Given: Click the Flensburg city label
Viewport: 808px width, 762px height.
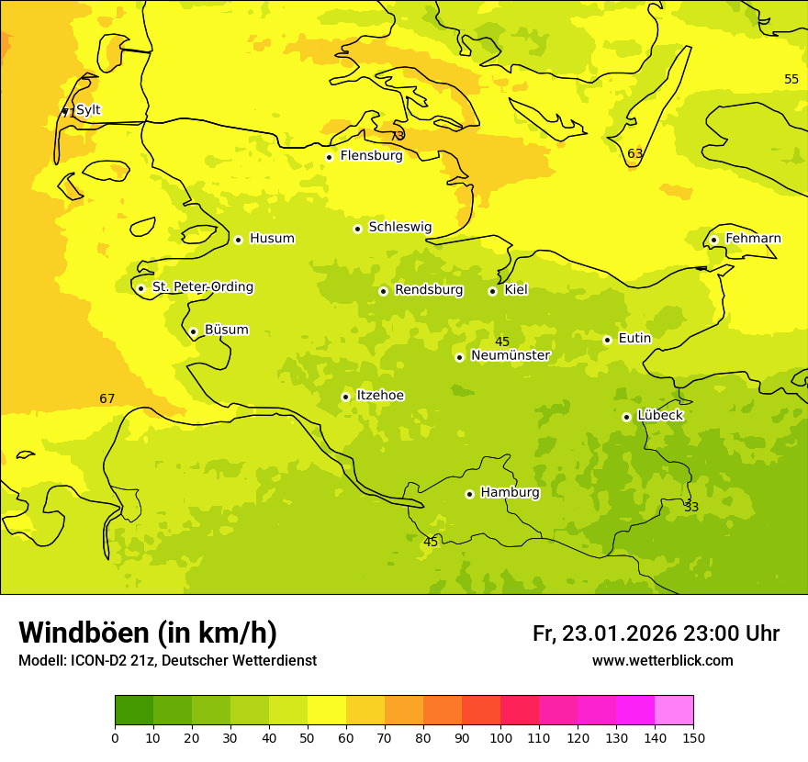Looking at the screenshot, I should click(x=371, y=156).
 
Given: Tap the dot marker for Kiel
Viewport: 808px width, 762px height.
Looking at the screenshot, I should click(x=492, y=291).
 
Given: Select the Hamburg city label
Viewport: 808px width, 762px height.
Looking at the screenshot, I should click(x=510, y=493).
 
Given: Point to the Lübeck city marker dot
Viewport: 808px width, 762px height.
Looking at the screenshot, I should click(x=626, y=417).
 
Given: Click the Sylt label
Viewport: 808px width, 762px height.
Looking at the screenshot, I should click(x=88, y=110).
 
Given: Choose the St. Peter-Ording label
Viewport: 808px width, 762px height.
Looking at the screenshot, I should click(x=202, y=287).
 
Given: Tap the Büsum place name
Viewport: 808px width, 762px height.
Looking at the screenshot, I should click(x=226, y=330).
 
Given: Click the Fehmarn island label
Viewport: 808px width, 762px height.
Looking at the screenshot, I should click(x=753, y=239).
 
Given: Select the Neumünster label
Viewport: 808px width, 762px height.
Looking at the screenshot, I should click(x=510, y=355).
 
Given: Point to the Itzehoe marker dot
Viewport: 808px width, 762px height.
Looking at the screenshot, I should click(x=345, y=397).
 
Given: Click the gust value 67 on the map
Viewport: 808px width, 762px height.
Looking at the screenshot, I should click(x=107, y=398).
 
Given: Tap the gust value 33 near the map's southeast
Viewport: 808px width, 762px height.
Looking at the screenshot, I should click(x=691, y=507).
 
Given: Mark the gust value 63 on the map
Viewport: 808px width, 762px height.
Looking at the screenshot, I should click(x=635, y=153).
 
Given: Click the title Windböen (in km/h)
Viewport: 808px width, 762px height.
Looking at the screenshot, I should click(x=148, y=633).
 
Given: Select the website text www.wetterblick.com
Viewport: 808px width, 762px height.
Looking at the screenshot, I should click(x=662, y=661).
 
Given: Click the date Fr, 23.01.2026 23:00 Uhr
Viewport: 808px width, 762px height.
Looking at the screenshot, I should click(x=656, y=633).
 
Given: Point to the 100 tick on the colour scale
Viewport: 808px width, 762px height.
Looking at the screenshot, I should click(x=500, y=737).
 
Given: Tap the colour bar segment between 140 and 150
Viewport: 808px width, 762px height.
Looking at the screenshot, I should click(x=674, y=711).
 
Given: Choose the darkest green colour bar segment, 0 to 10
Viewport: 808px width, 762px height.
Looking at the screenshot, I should click(x=134, y=711).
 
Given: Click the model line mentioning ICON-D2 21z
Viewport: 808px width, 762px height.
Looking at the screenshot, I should click(x=167, y=661).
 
